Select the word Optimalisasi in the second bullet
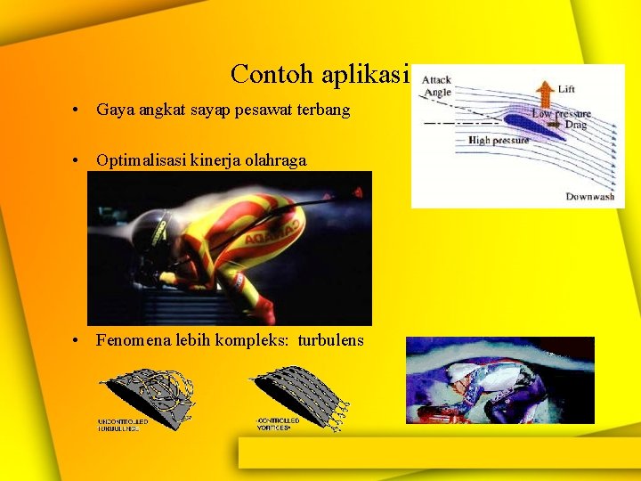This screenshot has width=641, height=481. point(140,160)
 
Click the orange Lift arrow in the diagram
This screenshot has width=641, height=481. point(542,93)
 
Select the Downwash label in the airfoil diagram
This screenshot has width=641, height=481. point(589,196)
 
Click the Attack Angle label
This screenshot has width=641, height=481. point(436,86)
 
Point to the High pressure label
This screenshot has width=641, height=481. point(498,140)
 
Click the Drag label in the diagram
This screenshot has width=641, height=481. point(576,126)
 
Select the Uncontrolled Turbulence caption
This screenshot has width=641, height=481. point(118,425)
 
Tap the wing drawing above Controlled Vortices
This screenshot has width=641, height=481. point(298,389)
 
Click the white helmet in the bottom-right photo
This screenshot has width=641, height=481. point(462,373)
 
